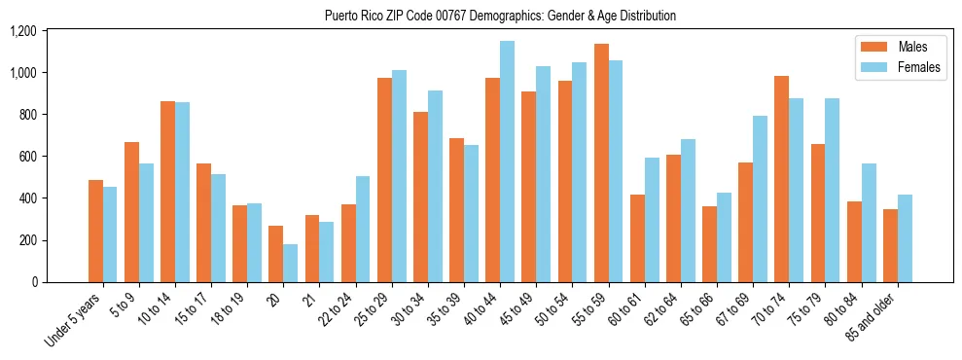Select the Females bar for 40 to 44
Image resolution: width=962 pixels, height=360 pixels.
coord(507,162)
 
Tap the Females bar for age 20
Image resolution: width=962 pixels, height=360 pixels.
coord(290,263)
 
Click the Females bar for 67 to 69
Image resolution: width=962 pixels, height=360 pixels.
coord(760,199)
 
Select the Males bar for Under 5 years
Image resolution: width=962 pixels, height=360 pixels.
coord(95,232)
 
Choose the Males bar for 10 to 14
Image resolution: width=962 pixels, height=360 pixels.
coord(167,192)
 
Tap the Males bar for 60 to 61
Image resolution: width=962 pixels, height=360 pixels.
coord(638,238)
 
